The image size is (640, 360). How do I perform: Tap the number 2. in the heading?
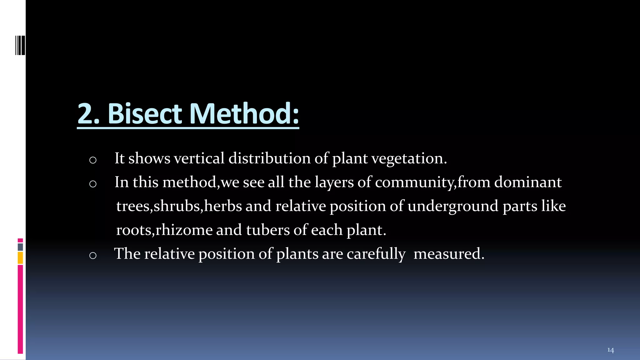coord(88,114)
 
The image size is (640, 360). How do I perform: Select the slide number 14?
coord(610,350)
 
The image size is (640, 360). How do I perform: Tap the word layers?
coord(334,182)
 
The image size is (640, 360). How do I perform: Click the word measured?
coord(449,254)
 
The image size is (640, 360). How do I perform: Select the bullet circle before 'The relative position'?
coord(93,256)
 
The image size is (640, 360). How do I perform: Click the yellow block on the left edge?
coord(20,258)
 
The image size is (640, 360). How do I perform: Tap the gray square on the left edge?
coord(20,247)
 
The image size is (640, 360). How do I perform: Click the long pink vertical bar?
coord(20,309)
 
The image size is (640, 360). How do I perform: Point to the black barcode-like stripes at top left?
coord(20,46)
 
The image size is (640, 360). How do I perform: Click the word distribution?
coord(269,158)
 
